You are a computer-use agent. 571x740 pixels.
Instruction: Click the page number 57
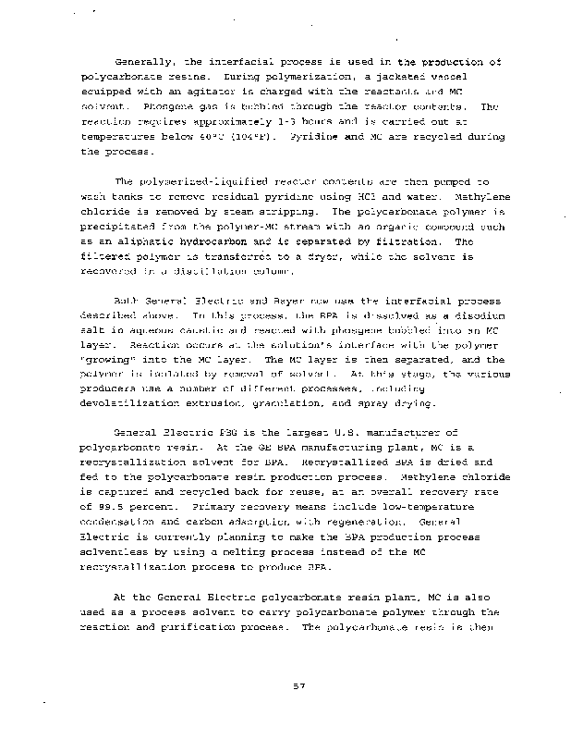click(285, 687)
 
